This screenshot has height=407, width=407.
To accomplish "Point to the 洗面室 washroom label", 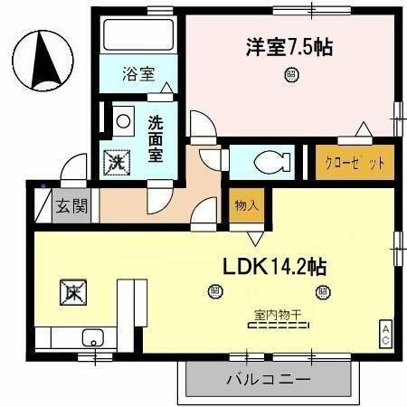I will pyautogui.click(x=156, y=137).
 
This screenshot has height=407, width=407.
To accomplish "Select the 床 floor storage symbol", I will pyautogui.click(x=72, y=292).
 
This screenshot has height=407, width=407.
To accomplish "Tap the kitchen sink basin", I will pyautogui.click(x=90, y=338).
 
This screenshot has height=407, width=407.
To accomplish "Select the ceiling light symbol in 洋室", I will pyautogui.click(x=290, y=77).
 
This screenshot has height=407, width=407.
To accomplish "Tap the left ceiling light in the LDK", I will pyautogui.click(x=214, y=291).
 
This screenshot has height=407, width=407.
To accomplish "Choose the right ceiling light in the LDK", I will pyautogui.click(x=320, y=291).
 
